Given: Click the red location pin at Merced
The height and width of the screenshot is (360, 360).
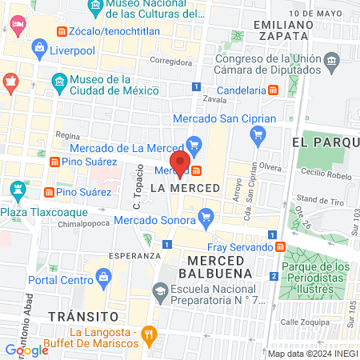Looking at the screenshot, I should pyautogui.click(x=181, y=163).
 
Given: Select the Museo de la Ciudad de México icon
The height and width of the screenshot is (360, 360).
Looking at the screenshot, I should pyautogui.click(x=58, y=82).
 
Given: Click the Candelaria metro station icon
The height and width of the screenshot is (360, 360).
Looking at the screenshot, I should pyautogui.click(x=274, y=90).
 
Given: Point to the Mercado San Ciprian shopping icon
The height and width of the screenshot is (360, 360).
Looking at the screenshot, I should pyautogui.click(x=258, y=134).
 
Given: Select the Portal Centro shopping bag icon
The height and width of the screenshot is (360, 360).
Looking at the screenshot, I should pyautogui.click(x=103, y=278).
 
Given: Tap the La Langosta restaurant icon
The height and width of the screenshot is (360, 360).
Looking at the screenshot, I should pyautogui.click(x=148, y=334).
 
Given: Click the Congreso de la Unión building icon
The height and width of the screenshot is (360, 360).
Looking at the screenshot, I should pyautogui.click(x=331, y=62).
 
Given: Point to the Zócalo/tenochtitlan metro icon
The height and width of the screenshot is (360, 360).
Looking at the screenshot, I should pyautogui.click(x=62, y=31).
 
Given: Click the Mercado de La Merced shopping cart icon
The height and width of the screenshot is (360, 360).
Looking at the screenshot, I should pyautogui.click(x=194, y=145).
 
